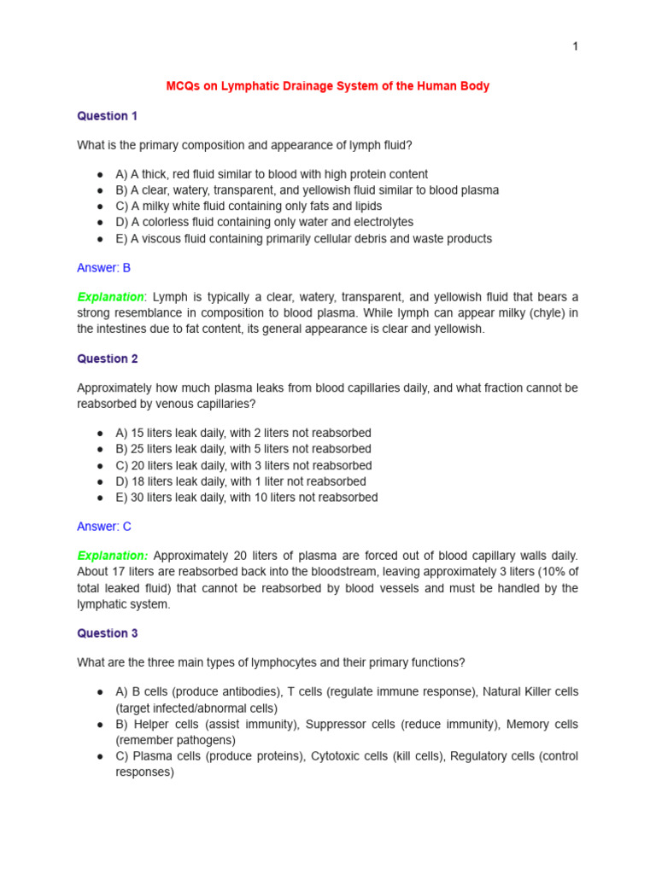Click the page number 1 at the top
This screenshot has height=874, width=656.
[575, 46]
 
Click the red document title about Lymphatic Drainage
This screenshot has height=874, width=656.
[327, 86]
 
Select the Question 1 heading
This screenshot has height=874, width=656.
[107, 116]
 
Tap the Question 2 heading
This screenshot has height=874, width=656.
[107, 359]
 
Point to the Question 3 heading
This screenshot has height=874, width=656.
[107, 633]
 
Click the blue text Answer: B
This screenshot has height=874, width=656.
[103, 267]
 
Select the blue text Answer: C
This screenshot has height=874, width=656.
[104, 527]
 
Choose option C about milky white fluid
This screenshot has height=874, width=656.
[249, 207]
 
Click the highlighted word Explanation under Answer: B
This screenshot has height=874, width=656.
[111, 297]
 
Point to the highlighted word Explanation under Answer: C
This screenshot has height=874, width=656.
[112, 556]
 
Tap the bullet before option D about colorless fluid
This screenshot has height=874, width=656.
[101, 223]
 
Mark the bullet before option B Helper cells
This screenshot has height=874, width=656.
[101, 724]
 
